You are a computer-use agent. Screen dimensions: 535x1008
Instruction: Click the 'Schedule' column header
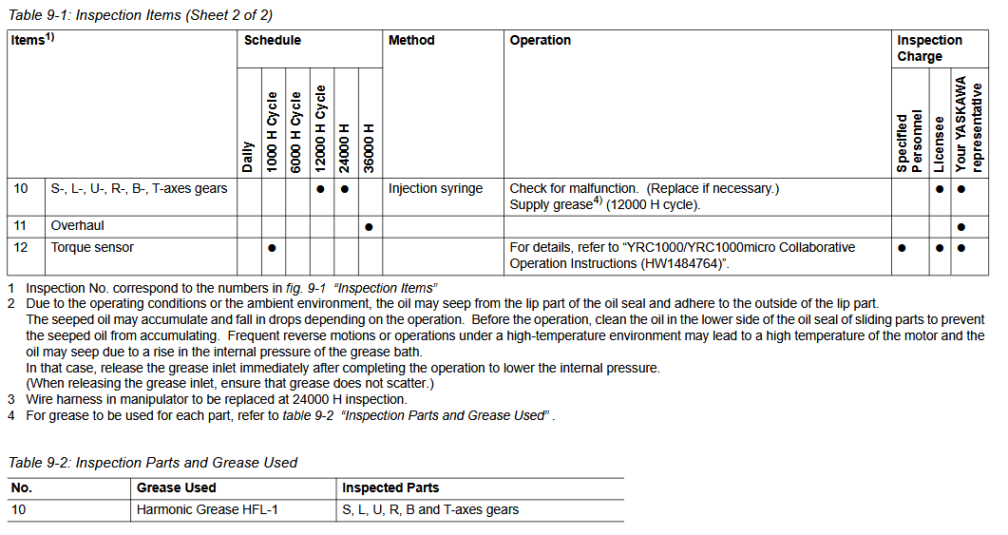(273, 41)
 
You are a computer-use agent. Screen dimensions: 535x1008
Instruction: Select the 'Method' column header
(411, 41)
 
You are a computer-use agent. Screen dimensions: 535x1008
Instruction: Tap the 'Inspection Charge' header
(929, 48)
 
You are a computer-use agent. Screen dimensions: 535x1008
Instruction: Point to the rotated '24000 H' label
(346, 147)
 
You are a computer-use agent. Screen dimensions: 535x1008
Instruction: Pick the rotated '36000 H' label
(370, 147)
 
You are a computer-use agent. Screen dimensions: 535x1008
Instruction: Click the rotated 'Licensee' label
(939, 144)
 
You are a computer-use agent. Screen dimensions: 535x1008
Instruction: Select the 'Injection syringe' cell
(435, 189)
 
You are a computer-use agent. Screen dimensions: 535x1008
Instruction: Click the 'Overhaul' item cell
(78, 226)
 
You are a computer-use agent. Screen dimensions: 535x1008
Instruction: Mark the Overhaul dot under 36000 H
(370, 227)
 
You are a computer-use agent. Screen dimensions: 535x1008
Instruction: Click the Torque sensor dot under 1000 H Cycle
(273, 249)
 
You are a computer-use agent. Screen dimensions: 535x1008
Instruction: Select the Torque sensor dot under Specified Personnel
(902, 249)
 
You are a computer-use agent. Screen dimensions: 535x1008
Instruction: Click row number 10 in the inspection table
(21, 189)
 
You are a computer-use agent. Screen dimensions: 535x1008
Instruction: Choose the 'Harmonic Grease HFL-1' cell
(207, 510)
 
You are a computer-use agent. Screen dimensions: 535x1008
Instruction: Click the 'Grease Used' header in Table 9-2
(177, 488)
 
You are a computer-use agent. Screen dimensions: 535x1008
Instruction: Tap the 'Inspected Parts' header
(390, 488)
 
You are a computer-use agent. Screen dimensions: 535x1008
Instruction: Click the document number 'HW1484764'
(679, 264)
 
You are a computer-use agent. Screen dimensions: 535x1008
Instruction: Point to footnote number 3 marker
(11, 400)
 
